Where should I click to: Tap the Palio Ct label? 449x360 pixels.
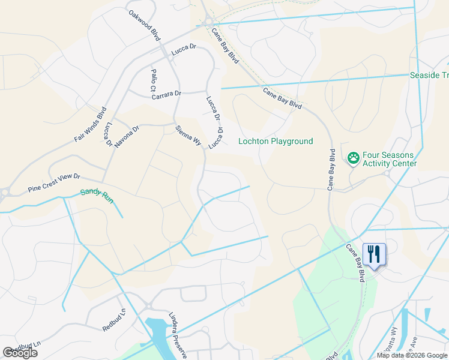point(153,80)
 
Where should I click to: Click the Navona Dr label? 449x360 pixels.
point(127,136)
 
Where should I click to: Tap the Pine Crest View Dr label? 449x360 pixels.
point(53,183)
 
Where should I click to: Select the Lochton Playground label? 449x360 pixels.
point(276,142)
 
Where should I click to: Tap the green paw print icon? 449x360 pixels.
point(354,158)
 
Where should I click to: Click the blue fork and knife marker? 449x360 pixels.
point(373,254)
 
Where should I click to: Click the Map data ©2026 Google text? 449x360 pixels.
point(412,355)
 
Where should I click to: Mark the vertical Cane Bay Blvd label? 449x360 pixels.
point(331,170)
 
